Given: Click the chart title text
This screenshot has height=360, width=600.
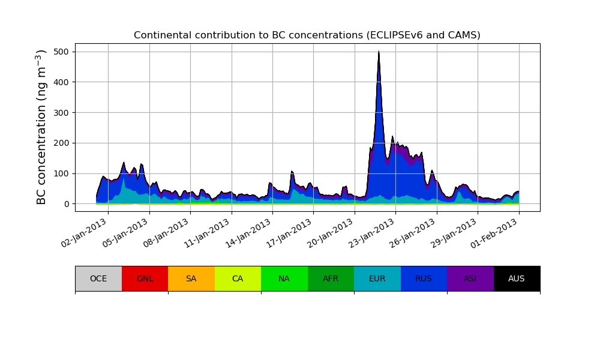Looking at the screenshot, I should (x=307, y=35).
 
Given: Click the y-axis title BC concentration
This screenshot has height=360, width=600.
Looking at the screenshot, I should (x=41, y=127).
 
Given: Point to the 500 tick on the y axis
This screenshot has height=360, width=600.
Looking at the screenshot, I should (x=61, y=52).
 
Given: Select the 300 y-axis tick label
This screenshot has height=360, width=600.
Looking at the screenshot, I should (x=61, y=113).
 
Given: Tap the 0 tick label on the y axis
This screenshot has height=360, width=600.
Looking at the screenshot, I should (x=65, y=204).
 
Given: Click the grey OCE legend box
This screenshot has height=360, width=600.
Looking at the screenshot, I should (x=98, y=278).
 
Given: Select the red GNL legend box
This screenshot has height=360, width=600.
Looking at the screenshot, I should (x=145, y=278).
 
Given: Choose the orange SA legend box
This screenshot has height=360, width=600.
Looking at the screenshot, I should (x=191, y=278).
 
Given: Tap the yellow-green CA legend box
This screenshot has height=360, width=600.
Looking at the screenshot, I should (x=238, y=278).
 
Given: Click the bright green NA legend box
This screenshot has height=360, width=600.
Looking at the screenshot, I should (x=284, y=278).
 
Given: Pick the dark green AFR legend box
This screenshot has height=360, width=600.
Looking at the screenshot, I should (x=331, y=278).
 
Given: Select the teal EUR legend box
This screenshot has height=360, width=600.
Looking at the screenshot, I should (x=377, y=278).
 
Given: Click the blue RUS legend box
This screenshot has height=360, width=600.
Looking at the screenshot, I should (x=424, y=278).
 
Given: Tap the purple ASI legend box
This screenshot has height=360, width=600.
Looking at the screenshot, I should (x=470, y=278).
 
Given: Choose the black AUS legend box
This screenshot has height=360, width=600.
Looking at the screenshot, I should (x=517, y=278).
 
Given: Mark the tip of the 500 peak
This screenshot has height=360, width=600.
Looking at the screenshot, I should (x=379, y=52).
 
